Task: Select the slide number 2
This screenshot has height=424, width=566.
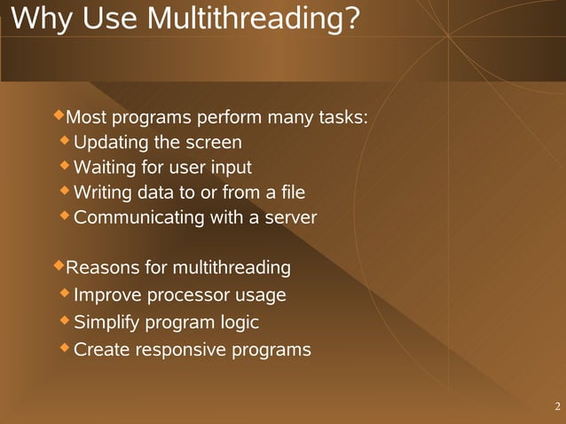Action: coord(556,407)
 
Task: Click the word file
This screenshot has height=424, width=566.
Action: coord(291,192)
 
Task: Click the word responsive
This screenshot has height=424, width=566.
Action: coord(180,350)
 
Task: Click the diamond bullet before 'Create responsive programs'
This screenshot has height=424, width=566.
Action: coord(65,347)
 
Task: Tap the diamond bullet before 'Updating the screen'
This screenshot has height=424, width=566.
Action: coord(65,140)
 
